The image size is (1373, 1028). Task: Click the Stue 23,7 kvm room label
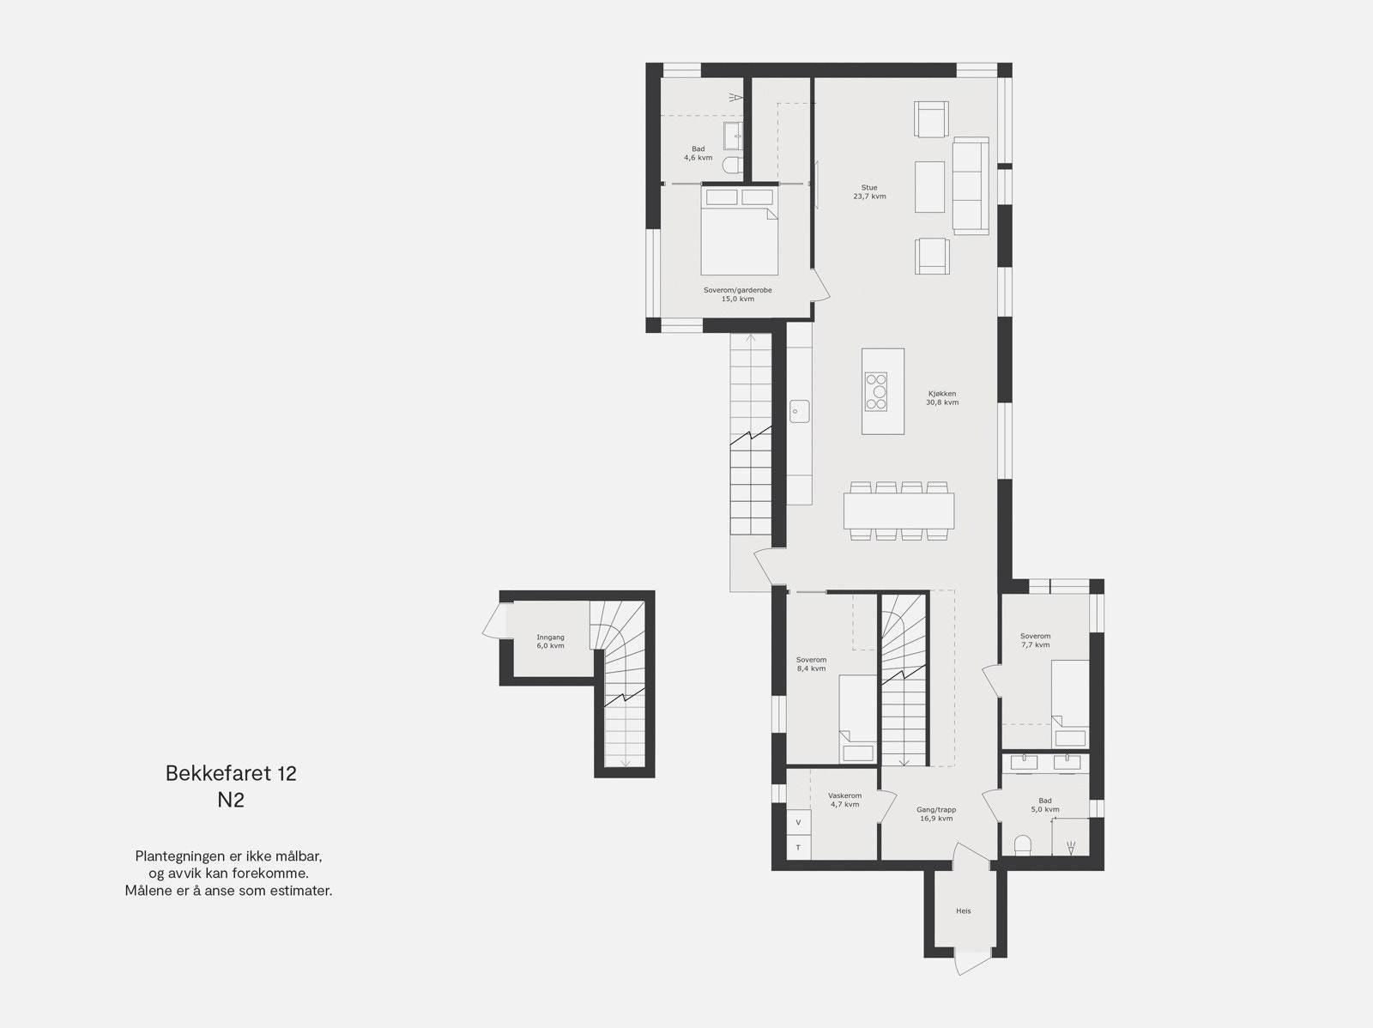[x=869, y=192]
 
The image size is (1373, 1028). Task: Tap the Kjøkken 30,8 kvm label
[x=941, y=398]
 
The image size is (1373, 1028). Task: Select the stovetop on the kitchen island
[x=877, y=391]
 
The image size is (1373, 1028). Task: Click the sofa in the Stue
[x=971, y=185]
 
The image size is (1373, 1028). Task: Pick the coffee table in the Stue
[x=929, y=186]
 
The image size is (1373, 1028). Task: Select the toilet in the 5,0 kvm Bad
[x=1022, y=845]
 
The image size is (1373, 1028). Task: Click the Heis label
[x=964, y=911]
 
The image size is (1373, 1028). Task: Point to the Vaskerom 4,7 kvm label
[x=844, y=800]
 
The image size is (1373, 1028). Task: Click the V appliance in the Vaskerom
[x=798, y=822]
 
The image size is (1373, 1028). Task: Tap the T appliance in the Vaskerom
[x=798, y=848]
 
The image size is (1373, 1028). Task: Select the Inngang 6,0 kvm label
[x=550, y=641]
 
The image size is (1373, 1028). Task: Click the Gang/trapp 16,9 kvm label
[x=935, y=813]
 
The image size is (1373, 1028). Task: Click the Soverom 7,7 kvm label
[x=1036, y=640]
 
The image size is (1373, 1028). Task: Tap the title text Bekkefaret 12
[x=231, y=773]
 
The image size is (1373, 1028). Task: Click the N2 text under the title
[x=231, y=801]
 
